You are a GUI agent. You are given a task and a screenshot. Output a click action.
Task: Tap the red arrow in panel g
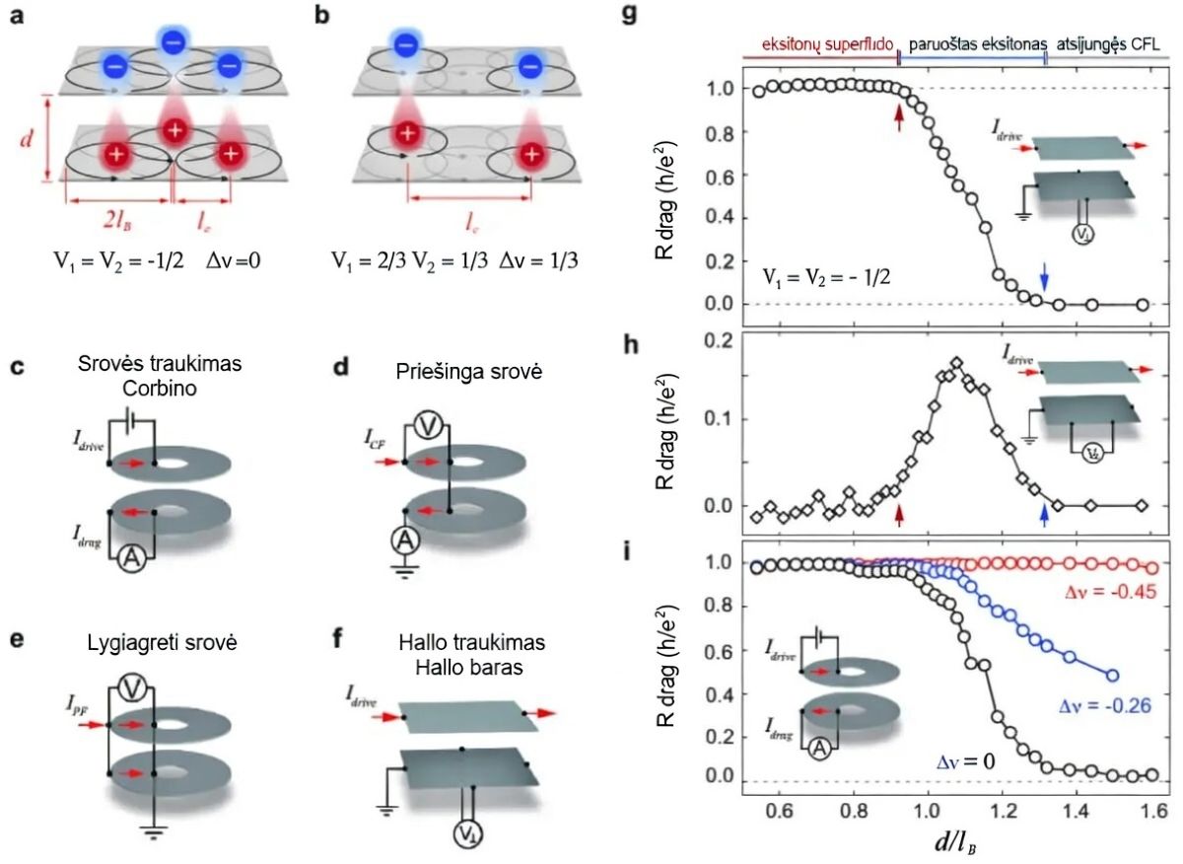pyautogui.click(x=898, y=116)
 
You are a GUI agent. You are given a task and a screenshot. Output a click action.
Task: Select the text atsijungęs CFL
pyautogui.click(x=1112, y=44)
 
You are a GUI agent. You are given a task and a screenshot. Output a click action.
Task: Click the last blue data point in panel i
pyautogui.click(x=1113, y=676)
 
